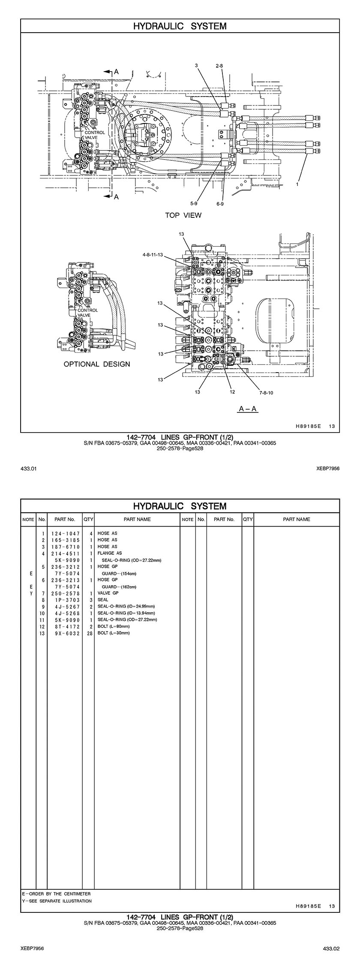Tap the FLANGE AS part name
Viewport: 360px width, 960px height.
110,553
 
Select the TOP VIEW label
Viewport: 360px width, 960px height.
183,215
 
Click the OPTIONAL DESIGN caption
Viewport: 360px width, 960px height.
97,364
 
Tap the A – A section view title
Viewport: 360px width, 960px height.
248,409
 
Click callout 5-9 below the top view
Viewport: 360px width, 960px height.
194,203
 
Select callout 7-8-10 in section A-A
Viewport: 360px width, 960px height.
266,392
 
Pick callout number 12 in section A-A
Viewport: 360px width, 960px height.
232,391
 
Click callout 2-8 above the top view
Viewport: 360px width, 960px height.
219,66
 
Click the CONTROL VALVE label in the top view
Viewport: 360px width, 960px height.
94,135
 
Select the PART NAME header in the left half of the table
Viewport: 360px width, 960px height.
137,519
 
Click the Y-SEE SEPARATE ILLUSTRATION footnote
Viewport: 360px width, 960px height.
57,901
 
